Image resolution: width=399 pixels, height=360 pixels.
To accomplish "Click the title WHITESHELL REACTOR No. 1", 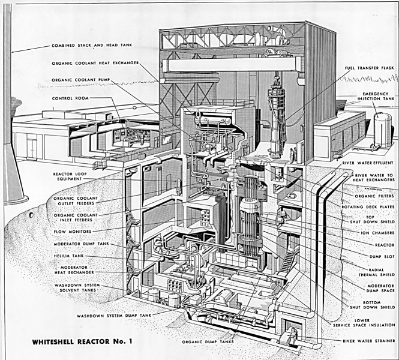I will click(x=78, y=341).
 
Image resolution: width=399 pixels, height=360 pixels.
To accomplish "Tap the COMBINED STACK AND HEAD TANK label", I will click(x=92, y=46).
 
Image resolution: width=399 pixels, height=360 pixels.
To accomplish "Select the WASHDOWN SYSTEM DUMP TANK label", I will click(x=114, y=314).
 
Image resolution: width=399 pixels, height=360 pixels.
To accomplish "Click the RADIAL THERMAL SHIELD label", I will click(x=377, y=273).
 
